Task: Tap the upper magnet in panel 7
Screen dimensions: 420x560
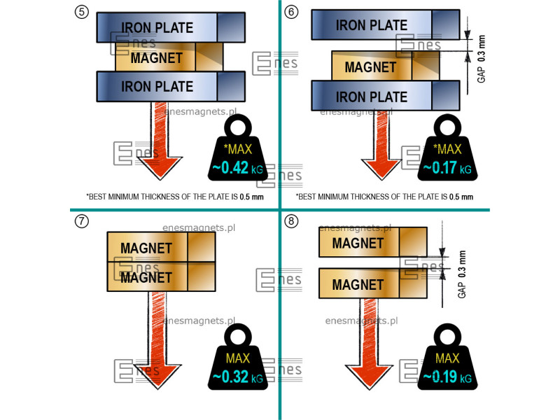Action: [x=161, y=247]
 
